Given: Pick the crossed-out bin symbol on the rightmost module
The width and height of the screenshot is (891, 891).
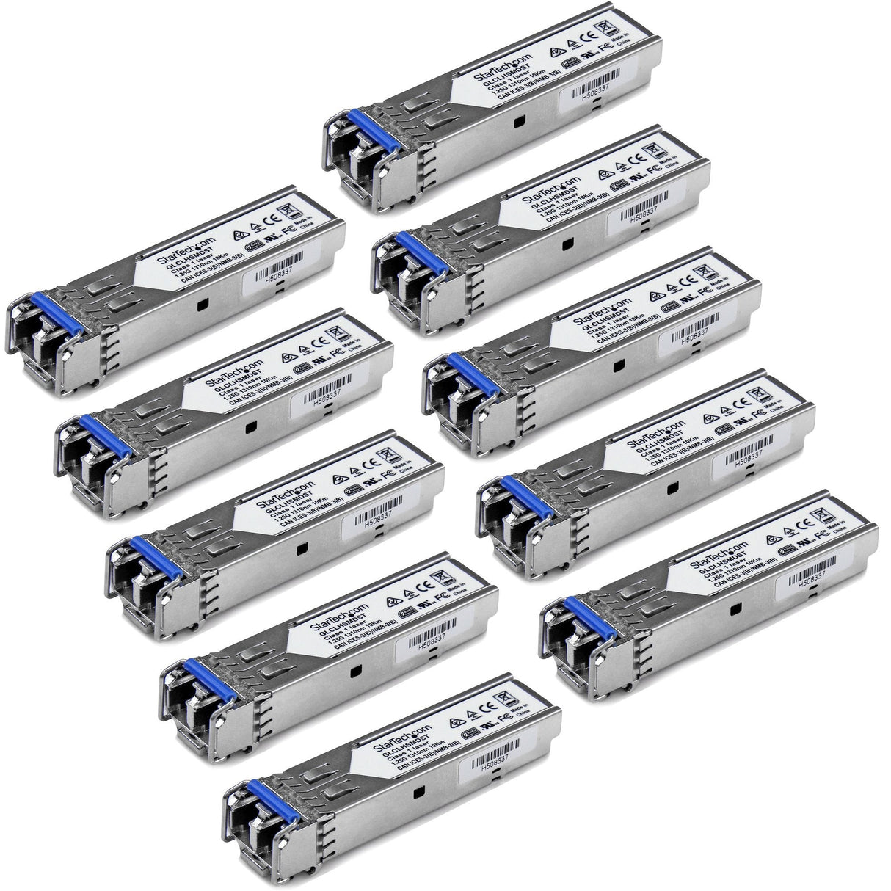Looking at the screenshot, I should pos(828,514).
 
